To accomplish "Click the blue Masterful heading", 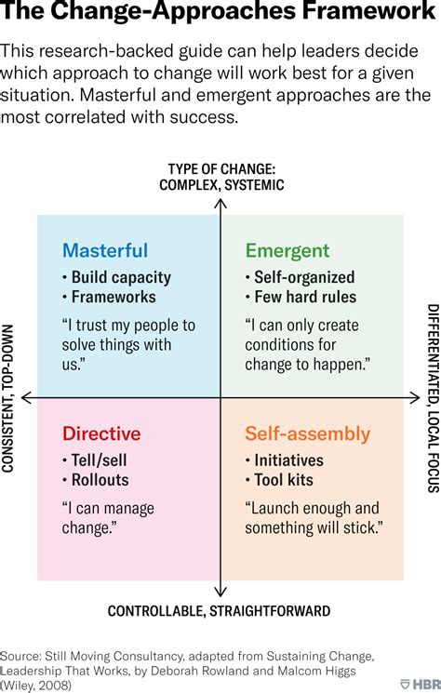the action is (x=105, y=250).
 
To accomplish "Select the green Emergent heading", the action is (x=287, y=251).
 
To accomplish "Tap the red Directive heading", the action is (x=101, y=433).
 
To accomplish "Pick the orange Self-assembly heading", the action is (x=308, y=434).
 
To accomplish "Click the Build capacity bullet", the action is (x=116, y=277).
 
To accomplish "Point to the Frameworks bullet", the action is (x=109, y=297).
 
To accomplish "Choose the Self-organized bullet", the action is (x=300, y=277).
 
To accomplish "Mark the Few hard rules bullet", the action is (x=301, y=297).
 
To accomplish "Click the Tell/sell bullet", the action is (x=95, y=460).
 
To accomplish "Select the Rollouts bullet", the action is (x=96, y=480).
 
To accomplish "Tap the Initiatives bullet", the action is (x=285, y=460).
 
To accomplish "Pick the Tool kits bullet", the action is (x=279, y=480).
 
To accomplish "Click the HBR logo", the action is (x=421, y=684).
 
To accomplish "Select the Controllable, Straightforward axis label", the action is (x=219, y=611).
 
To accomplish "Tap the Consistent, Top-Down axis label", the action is (x=7, y=398).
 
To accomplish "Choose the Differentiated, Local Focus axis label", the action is (x=434, y=398).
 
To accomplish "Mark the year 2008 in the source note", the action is (x=53, y=686).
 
